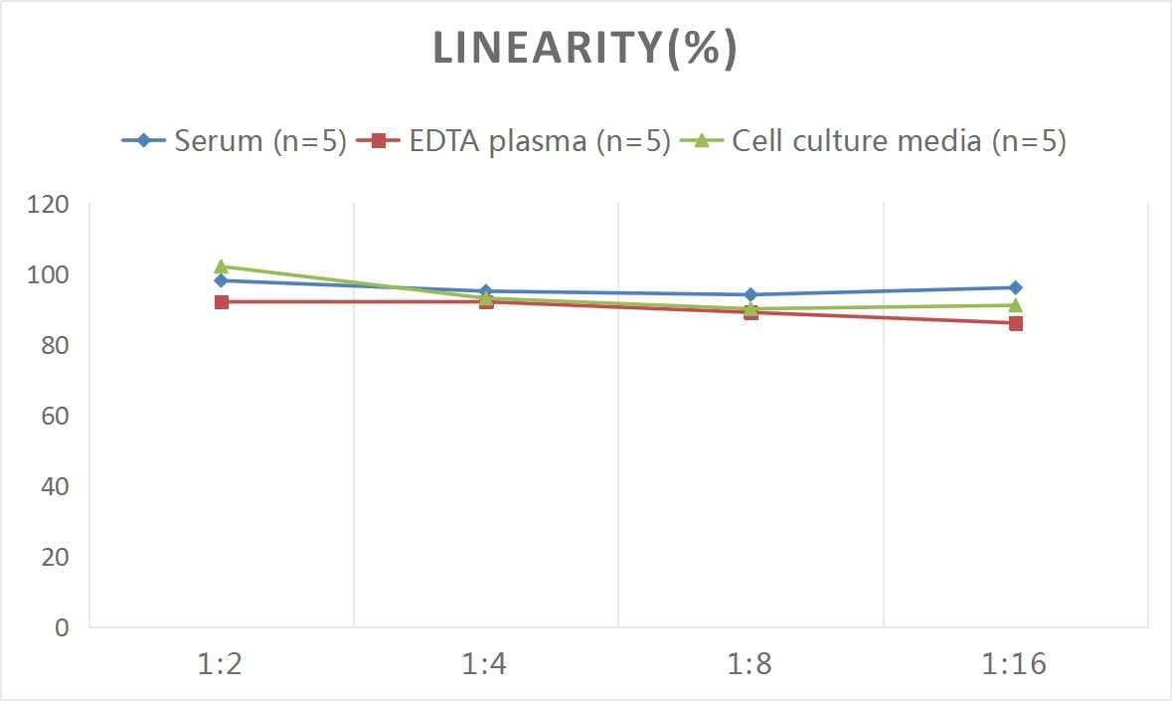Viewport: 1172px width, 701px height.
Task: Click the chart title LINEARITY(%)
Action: click(x=585, y=50)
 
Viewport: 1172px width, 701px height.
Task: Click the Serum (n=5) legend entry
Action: click(x=235, y=141)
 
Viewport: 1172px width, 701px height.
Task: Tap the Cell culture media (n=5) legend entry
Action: click(x=874, y=141)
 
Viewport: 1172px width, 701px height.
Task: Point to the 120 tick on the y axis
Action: click(x=48, y=205)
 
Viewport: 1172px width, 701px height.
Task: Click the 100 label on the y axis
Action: click(x=48, y=275)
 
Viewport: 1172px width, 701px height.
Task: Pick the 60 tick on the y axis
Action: click(x=55, y=416)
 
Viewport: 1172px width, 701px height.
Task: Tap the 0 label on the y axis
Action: click(x=62, y=627)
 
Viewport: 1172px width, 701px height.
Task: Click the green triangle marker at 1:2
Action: click(x=221, y=266)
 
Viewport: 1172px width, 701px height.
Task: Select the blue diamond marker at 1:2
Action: click(x=221, y=280)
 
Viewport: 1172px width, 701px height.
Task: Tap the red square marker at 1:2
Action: click(x=221, y=301)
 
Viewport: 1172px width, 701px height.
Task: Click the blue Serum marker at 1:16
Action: click(x=1015, y=287)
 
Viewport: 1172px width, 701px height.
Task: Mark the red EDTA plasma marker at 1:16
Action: click(x=1015, y=323)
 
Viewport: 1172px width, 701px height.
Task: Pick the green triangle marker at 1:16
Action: click(x=1015, y=305)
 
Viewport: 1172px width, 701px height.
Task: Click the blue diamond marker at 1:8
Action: click(x=751, y=294)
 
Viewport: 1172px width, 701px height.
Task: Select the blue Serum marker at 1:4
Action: click(x=485, y=291)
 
